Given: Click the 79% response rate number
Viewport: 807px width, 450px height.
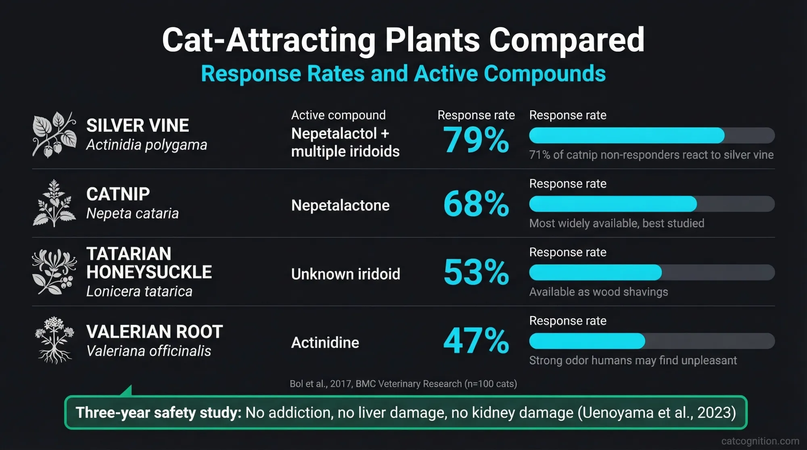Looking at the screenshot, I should (476, 140).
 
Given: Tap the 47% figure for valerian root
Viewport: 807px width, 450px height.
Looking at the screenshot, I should (476, 341).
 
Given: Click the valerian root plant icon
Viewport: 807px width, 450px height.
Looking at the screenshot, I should (54, 340).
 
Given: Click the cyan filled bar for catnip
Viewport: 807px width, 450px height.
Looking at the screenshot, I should (613, 204).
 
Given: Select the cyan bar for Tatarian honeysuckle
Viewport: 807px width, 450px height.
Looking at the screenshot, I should (595, 273).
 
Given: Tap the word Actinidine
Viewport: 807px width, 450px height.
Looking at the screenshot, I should (325, 343).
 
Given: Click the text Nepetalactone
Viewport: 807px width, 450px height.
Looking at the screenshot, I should (340, 206).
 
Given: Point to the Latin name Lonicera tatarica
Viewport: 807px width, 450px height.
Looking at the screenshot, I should (139, 291).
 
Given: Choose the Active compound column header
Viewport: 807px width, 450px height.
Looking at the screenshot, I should (338, 115).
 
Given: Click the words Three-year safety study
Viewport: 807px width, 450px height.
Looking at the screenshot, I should (158, 412).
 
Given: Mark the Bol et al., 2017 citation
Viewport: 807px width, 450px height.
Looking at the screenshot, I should (403, 383).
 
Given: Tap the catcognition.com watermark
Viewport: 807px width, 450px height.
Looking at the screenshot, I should (760, 441).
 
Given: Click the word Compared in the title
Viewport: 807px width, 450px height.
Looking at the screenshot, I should (567, 40).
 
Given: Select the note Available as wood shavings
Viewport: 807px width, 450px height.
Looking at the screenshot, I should (598, 292).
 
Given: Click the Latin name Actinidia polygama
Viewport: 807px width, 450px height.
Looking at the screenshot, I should (146, 144).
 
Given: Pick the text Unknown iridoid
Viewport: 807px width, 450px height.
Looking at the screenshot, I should (345, 274).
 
